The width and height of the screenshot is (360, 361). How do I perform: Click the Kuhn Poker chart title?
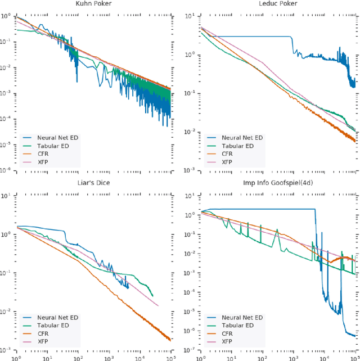pyautogui.click(x=93, y=4)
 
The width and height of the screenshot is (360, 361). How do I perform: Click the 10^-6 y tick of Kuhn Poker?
pyautogui.click(x=7, y=170)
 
